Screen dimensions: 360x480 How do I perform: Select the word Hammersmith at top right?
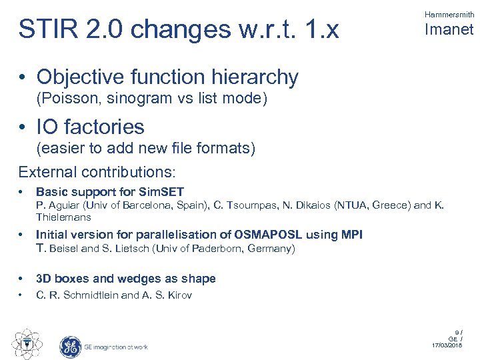(449, 14)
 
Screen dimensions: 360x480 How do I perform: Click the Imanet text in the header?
(449, 30)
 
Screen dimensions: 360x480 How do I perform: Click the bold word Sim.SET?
(163, 192)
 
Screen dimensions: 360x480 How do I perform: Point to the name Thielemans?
(63, 217)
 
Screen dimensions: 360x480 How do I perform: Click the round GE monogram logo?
(70, 346)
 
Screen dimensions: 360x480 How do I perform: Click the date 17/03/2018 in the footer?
(446, 345)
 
